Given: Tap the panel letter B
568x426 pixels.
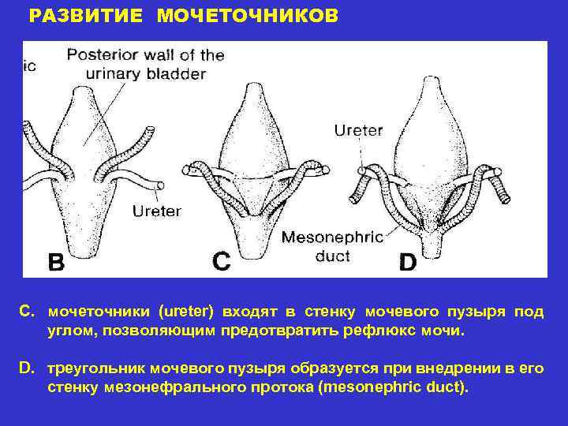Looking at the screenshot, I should pos(56,261).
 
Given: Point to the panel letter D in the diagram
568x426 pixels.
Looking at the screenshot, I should pos(407,261).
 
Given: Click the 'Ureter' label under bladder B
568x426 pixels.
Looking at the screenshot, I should pos(157,211).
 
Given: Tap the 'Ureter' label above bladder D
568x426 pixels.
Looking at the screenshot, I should pos(358,129).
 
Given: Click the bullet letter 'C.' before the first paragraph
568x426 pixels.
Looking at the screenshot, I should pos(28,312).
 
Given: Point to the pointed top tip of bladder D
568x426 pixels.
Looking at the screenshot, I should pos(428,78).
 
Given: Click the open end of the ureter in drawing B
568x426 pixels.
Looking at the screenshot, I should pos(161,185).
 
